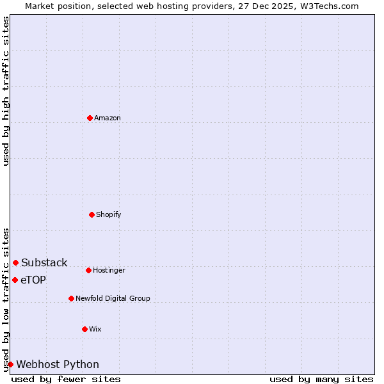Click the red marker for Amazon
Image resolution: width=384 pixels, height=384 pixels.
90,118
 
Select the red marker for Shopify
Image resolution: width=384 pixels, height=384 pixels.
92,214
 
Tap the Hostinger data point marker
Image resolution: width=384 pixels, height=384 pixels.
88,270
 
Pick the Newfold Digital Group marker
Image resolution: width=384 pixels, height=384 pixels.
71,298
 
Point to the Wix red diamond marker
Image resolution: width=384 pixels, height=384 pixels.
84,329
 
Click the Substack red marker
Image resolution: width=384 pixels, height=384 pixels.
15,262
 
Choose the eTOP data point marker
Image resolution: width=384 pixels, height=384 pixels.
15,280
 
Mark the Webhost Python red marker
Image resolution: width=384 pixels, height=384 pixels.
10,364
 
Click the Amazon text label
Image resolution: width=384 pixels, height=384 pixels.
108,118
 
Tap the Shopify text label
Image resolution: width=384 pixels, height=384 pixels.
109,214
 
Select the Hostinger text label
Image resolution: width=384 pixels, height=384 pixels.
109,270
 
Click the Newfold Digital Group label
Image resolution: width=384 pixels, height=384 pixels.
113,298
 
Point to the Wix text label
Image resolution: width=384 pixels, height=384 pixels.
95,329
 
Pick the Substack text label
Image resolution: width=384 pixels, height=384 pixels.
44,262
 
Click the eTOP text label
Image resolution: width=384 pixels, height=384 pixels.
33,280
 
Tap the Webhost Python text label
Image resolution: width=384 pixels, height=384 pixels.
58,364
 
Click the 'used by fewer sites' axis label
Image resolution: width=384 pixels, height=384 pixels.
66,379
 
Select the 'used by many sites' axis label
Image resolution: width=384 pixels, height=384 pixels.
321,379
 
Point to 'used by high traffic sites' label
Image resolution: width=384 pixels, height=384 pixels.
6,91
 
